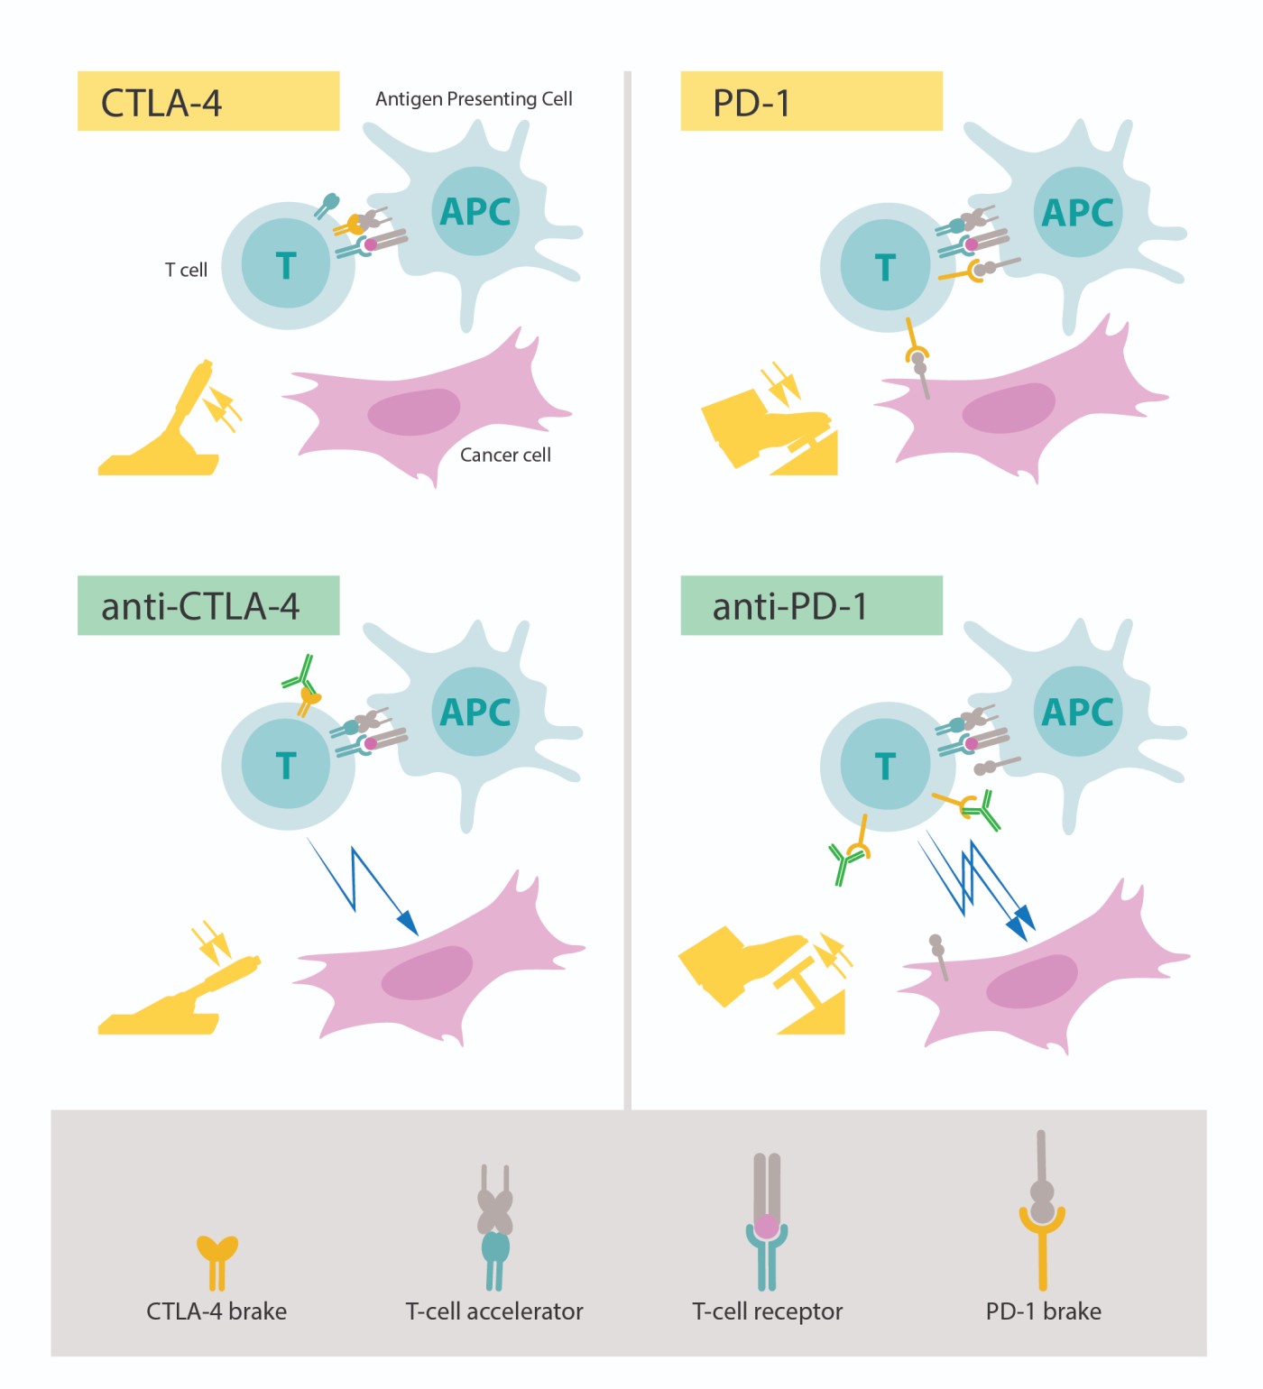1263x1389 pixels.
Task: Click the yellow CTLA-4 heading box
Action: point(207,101)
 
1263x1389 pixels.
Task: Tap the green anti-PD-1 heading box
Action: point(810,605)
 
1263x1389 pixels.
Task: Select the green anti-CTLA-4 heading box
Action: point(207,605)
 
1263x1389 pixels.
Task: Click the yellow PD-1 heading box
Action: point(810,101)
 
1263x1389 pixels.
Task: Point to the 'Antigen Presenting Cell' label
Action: point(474,99)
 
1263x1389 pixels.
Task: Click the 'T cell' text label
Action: point(186,270)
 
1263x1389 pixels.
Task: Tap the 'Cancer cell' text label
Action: point(505,455)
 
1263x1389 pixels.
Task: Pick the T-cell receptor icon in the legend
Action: point(767,1222)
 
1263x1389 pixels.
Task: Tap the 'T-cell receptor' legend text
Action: point(767,1311)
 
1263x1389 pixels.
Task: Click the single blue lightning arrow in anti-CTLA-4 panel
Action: point(361,888)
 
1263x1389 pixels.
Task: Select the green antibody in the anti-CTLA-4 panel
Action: point(300,675)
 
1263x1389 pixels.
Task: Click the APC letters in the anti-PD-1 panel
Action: point(1077,713)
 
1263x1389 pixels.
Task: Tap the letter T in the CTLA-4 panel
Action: point(286,266)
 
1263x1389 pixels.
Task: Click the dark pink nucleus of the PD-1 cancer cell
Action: point(1008,409)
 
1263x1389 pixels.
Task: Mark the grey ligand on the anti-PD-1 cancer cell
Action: point(939,954)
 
